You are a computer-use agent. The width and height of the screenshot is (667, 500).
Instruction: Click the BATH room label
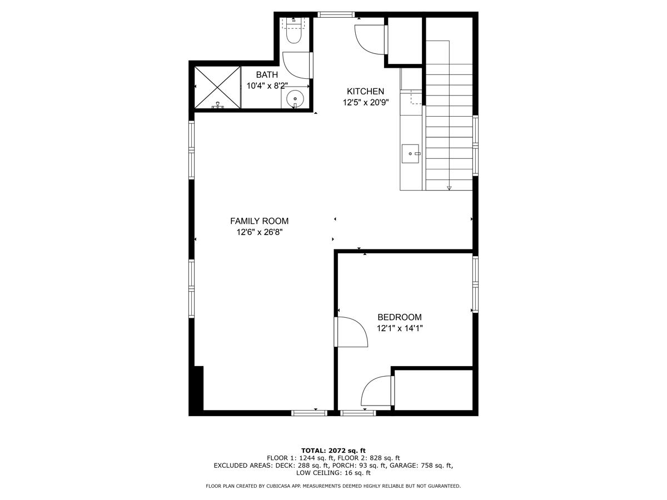(267, 75)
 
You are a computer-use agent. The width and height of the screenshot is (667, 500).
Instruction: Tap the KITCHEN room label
(365, 92)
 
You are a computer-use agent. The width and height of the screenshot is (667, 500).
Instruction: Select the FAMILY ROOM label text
(260, 221)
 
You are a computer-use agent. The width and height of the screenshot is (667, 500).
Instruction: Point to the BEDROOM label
(399, 317)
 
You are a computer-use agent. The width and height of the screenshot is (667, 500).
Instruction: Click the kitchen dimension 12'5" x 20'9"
(365, 102)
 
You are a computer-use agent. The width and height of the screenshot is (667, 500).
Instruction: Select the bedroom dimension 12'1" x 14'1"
(399, 328)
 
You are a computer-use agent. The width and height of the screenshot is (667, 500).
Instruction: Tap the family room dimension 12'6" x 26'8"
(260, 232)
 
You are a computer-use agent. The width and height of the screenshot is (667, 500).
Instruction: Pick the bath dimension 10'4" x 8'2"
(267, 86)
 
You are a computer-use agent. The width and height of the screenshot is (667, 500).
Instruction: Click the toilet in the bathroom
(293, 31)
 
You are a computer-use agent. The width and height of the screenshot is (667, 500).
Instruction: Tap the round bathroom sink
(295, 99)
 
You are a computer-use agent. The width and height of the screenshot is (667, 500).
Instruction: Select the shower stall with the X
(217, 87)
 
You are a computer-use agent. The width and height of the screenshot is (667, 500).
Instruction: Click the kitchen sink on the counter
(411, 152)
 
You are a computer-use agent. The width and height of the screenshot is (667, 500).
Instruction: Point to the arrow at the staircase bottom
(449, 188)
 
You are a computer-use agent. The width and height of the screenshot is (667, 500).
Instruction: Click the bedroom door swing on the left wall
(351, 332)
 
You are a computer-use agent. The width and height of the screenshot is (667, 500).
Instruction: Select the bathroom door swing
(297, 64)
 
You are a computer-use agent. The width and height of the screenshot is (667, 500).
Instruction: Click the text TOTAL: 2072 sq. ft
(333, 451)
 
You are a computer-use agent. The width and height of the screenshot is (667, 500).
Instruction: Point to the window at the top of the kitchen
(336, 14)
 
